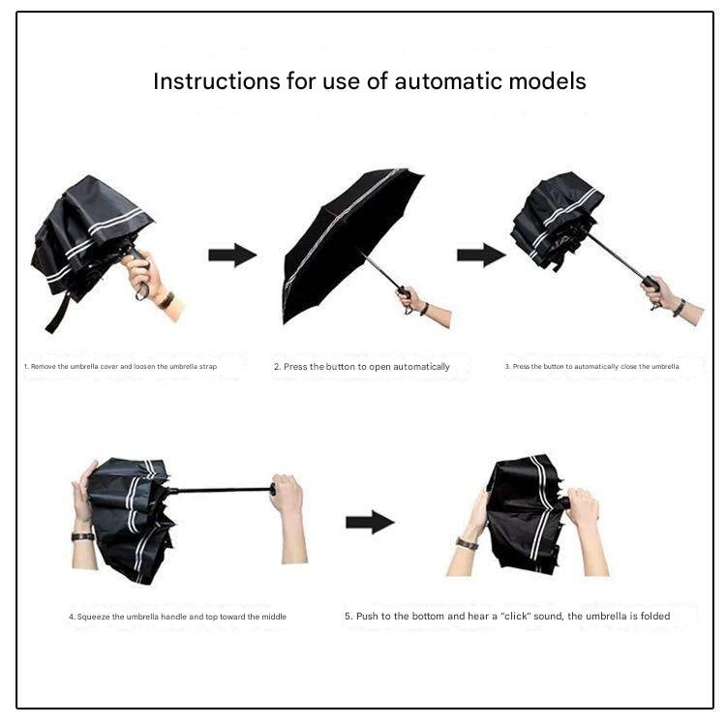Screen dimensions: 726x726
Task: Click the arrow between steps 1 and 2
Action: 231,256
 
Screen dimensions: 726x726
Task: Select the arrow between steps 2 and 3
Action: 481,256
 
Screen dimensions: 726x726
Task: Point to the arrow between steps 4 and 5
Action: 370,523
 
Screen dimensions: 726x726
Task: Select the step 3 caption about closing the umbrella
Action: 591,367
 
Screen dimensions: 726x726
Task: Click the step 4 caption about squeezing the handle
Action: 177,617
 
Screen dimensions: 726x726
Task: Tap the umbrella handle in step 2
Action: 402,291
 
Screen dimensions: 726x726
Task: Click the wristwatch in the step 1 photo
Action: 166,300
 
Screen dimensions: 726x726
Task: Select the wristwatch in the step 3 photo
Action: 680,307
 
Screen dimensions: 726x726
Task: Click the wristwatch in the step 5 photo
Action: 468,544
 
